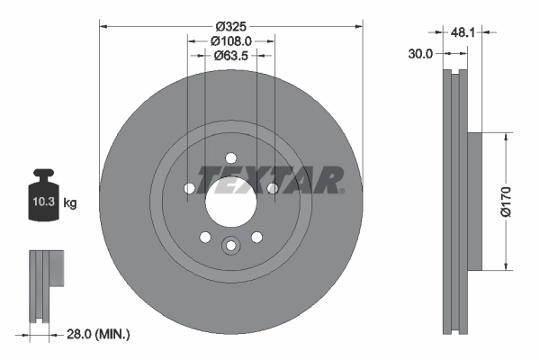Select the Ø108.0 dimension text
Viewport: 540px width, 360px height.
(x=230, y=40)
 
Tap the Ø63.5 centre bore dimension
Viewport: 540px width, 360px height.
(x=230, y=56)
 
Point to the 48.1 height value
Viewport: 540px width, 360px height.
(x=463, y=31)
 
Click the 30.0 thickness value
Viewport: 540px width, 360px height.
(x=421, y=53)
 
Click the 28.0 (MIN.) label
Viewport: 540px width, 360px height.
(x=98, y=335)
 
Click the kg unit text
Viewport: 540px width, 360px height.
(x=69, y=203)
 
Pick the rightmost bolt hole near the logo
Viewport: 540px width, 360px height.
(x=272, y=187)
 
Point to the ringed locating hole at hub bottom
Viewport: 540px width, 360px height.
(x=230, y=246)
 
